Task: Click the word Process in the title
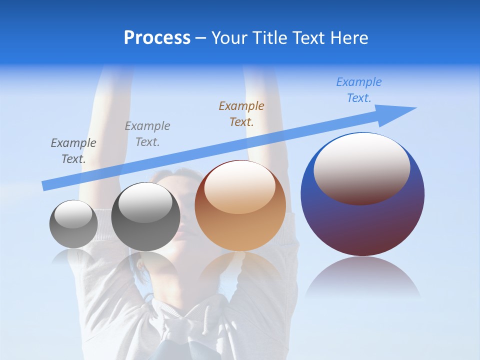(157, 38)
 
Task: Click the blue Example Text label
(358, 90)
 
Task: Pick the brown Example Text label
(241, 113)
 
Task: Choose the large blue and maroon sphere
(362, 220)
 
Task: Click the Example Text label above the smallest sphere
(73, 150)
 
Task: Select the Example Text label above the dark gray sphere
(147, 133)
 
